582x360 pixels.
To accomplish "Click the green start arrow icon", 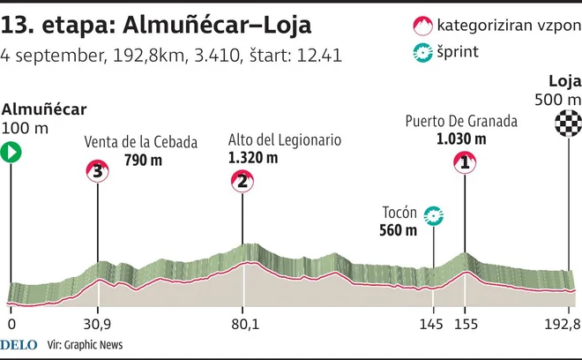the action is tap(11, 153).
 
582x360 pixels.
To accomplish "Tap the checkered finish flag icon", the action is tap(568, 123).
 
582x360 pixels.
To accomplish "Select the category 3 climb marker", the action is tap(97, 171).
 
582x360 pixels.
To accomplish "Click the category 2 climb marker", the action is tap(242, 181).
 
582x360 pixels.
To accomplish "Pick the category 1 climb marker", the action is tap(465, 162).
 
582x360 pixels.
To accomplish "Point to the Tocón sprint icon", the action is tap(434, 216).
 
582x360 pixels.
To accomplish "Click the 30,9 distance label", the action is tap(97, 325).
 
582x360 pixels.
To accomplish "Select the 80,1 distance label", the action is tap(245, 325).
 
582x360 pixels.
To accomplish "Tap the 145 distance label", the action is tap(431, 325).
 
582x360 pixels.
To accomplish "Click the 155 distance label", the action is tap(466, 325).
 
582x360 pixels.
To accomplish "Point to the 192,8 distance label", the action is tap(563, 325).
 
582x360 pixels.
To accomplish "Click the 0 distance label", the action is tap(11, 325).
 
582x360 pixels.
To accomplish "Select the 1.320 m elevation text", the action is tap(253, 158).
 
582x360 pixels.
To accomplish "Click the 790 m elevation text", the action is tap(143, 160).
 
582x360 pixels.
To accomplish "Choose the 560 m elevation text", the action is tap(399, 230).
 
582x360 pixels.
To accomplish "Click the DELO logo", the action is tap(19, 345).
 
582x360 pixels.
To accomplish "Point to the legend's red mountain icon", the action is tap(422, 26).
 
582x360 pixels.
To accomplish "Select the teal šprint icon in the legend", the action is tap(422, 52).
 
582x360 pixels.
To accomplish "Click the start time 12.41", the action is tap(319, 56).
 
